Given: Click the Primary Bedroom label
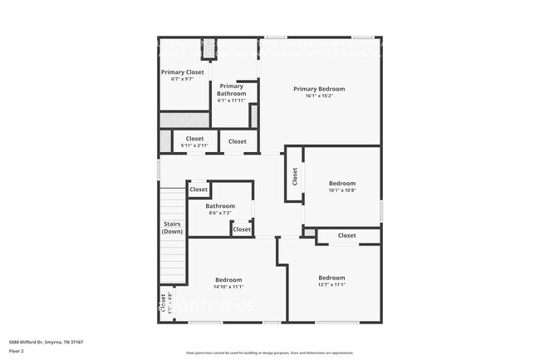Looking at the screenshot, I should point(319,89).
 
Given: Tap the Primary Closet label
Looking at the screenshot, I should point(182,72).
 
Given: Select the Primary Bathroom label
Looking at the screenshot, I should point(232,90).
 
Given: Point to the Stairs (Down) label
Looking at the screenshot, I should point(172,227).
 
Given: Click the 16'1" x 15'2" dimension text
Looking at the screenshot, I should point(319,96).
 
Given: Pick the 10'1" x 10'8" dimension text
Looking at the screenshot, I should point(341,190).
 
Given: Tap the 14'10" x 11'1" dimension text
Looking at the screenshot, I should point(228,286).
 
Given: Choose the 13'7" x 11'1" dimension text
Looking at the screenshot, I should point(331,284).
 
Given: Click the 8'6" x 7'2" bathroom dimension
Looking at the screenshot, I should point(220,213).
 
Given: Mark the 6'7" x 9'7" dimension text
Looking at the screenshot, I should point(182,79).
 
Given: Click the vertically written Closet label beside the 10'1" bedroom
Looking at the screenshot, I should point(295,176).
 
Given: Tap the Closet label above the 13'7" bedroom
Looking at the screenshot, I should point(346,235).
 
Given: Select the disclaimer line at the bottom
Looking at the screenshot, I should point(270,353).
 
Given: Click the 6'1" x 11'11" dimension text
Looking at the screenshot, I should point(232,101).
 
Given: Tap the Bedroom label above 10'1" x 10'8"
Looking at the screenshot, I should point(341,183).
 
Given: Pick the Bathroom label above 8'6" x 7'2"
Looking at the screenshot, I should point(220,206).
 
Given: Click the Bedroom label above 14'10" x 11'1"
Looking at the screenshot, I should point(228,279).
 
